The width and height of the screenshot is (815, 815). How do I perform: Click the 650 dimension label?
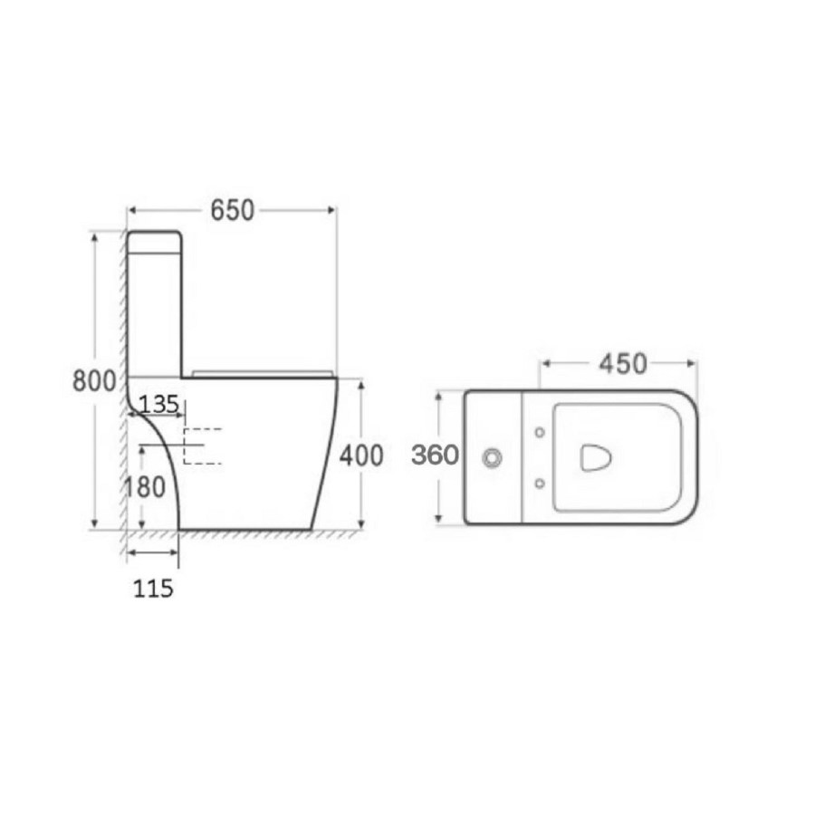(232, 210)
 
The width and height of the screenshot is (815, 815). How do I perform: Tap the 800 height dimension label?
(94, 380)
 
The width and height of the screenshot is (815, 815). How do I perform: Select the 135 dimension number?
(159, 404)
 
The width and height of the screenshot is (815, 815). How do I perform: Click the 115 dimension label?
(152, 589)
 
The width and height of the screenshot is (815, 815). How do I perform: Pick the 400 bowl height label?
(361, 455)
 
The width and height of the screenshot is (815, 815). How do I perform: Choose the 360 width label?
(435, 455)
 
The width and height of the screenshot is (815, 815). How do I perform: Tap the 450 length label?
(622, 364)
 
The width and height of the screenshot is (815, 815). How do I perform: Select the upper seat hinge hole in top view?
(540, 432)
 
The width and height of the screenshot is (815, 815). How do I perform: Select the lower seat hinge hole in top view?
(540, 484)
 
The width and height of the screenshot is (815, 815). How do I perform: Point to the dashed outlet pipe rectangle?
(202, 446)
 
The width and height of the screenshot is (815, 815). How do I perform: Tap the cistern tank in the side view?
(155, 303)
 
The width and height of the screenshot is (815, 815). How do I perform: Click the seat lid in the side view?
(263, 372)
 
